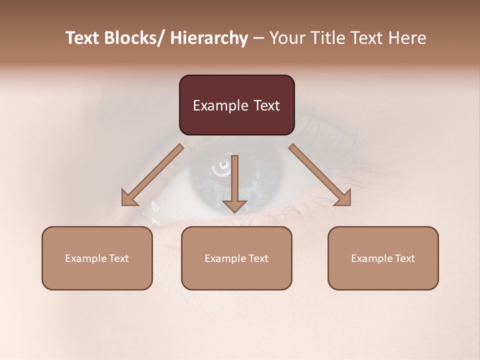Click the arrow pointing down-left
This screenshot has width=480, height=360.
click(152, 175)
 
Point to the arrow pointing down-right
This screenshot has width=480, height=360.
click(320, 175)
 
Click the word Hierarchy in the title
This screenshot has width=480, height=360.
click(209, 38)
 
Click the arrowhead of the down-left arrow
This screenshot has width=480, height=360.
click(129, 198)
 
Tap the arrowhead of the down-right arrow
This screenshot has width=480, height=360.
click(342, 198)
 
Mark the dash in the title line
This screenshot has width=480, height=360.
click(258, 38)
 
